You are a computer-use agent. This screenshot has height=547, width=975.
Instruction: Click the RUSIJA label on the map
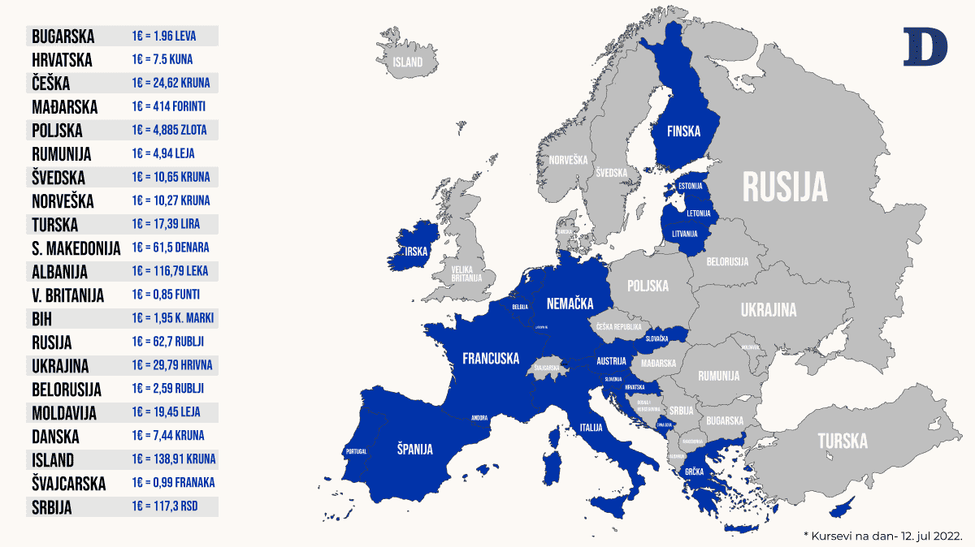(786, 187)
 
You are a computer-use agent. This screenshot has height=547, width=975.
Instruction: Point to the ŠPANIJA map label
(414, 449)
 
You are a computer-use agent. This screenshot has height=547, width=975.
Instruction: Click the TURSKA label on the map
(843, 441)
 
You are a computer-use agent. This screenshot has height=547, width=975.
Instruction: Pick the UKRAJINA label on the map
(769, 309)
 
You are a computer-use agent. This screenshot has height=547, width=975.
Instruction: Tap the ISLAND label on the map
(408, 62)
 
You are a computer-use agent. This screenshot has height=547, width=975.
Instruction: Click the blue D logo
(925, 46)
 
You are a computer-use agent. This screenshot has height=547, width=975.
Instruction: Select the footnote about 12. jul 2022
(882, 536)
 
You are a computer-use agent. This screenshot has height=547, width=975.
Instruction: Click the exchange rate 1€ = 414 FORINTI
(168, 106)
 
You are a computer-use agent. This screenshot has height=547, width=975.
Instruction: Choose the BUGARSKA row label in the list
(63, 37)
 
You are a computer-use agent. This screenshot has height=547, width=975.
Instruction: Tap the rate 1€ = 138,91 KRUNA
(173, 459)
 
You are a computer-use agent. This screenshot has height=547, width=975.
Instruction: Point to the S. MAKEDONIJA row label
(76, 248)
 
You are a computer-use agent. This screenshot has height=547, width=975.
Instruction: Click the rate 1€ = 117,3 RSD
(164, 506)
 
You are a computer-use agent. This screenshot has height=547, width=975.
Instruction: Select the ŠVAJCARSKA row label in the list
(69, 484)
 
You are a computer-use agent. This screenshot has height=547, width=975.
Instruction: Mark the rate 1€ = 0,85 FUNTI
(166, 295)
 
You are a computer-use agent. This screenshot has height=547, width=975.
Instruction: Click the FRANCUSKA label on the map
(491, 358)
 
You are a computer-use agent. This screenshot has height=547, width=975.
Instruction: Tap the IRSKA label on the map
(416, 252)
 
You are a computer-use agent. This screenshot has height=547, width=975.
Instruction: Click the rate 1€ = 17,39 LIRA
(166, 224)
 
